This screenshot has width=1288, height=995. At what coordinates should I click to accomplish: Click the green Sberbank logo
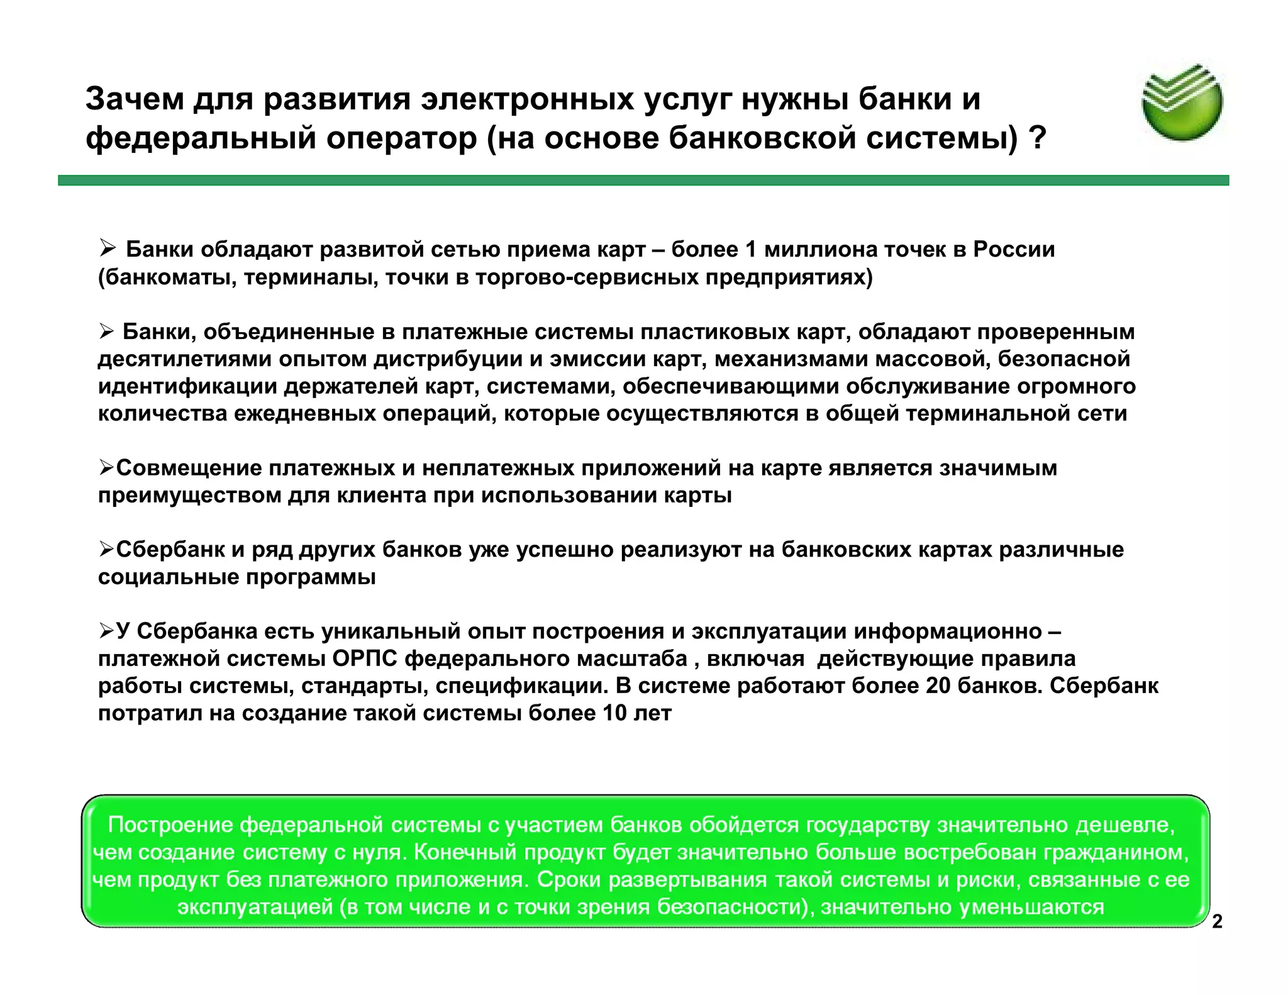coord(1182,102)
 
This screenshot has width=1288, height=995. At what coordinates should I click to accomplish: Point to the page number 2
coord(1217,921)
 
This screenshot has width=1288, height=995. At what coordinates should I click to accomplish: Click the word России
coord(1014,250)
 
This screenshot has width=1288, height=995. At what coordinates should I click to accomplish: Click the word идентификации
coord(187,386)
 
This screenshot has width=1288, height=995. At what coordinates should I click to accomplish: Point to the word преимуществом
coord(189,496)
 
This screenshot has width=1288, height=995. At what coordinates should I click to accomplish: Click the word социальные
coord(168,577)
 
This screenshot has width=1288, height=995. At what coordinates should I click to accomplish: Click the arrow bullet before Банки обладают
coord(108,249)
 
